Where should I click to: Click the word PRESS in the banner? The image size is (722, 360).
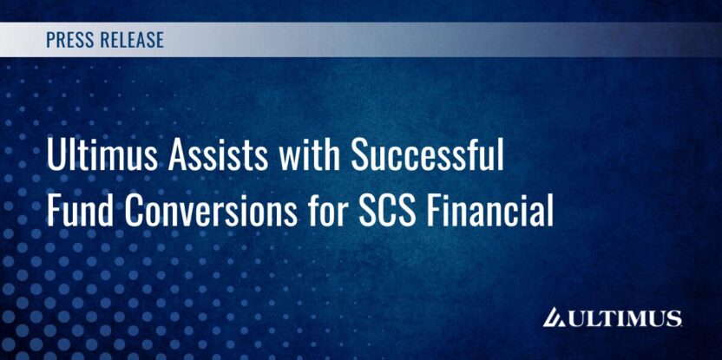pos(69,40)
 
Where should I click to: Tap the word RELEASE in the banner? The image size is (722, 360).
pos(131,40)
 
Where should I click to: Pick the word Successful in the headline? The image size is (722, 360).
pos(427,157)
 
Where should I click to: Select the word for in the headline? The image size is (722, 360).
pos(326,211)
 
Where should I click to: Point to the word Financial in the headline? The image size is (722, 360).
pos(489,211)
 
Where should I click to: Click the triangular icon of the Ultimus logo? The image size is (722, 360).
pos(555,318)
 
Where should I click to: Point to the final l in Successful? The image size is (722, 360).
pos(501,157)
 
